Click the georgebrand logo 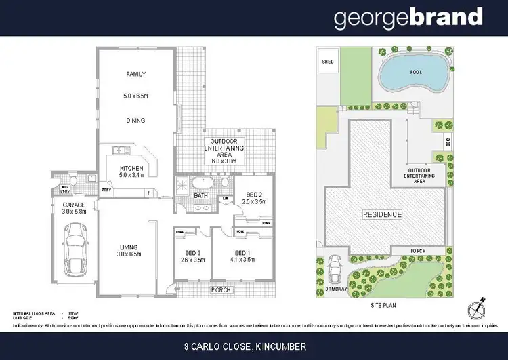click(x=408, y=18)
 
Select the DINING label click(x=135, y=121)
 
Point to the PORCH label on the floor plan click(x=221, y=289)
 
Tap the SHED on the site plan click(x=328, y=62)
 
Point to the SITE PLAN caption click(x=384, y=306)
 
